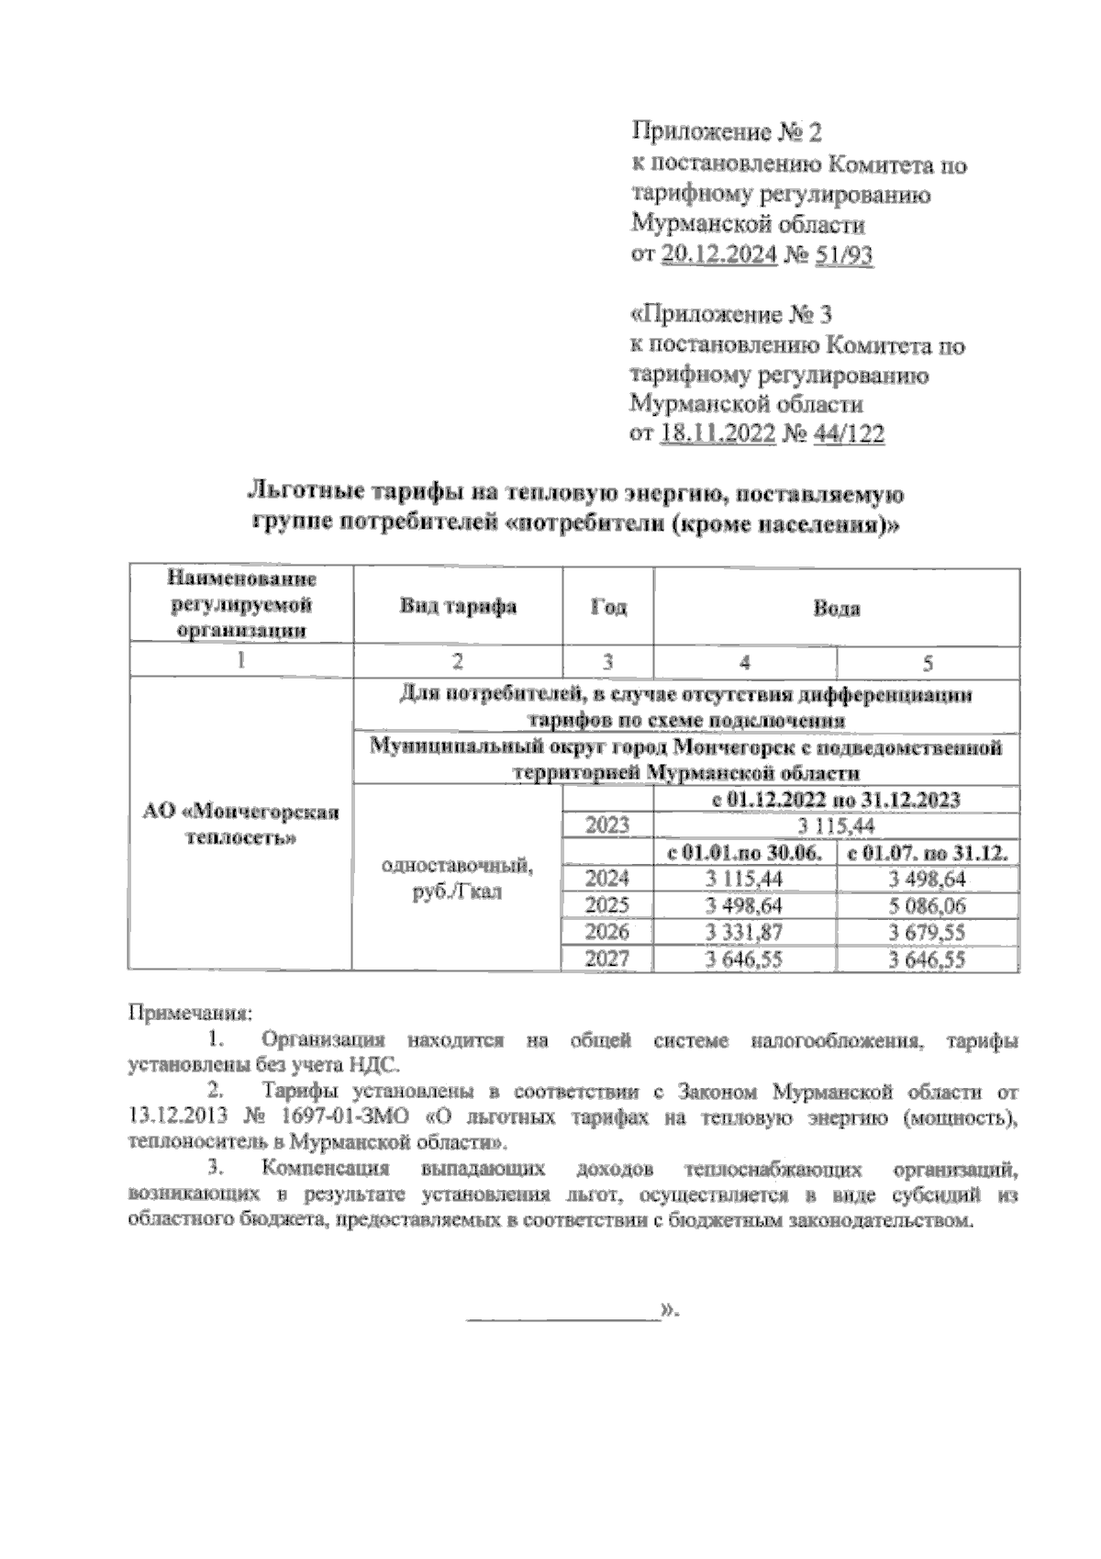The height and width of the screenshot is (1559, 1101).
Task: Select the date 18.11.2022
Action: (x=717, y=434)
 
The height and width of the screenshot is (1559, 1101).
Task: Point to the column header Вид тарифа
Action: (x=458, y=606)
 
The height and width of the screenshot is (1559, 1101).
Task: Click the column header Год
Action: (x=607, y=607)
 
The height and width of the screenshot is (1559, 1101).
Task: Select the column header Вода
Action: (x=836, y=608)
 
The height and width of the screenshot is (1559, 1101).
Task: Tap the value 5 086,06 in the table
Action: (x=927, y=906)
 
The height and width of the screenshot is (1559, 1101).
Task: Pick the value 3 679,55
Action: (x=927, y=933)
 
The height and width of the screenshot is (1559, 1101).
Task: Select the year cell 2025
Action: (x=607, y=906)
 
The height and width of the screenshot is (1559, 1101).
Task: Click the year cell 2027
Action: (x=607, y=959)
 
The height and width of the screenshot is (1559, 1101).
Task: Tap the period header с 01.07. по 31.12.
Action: (x=928, y=853)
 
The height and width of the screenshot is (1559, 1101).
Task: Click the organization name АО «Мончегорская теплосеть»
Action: (x=240, y=824)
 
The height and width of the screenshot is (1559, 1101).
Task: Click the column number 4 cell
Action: (x=744, y=661)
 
